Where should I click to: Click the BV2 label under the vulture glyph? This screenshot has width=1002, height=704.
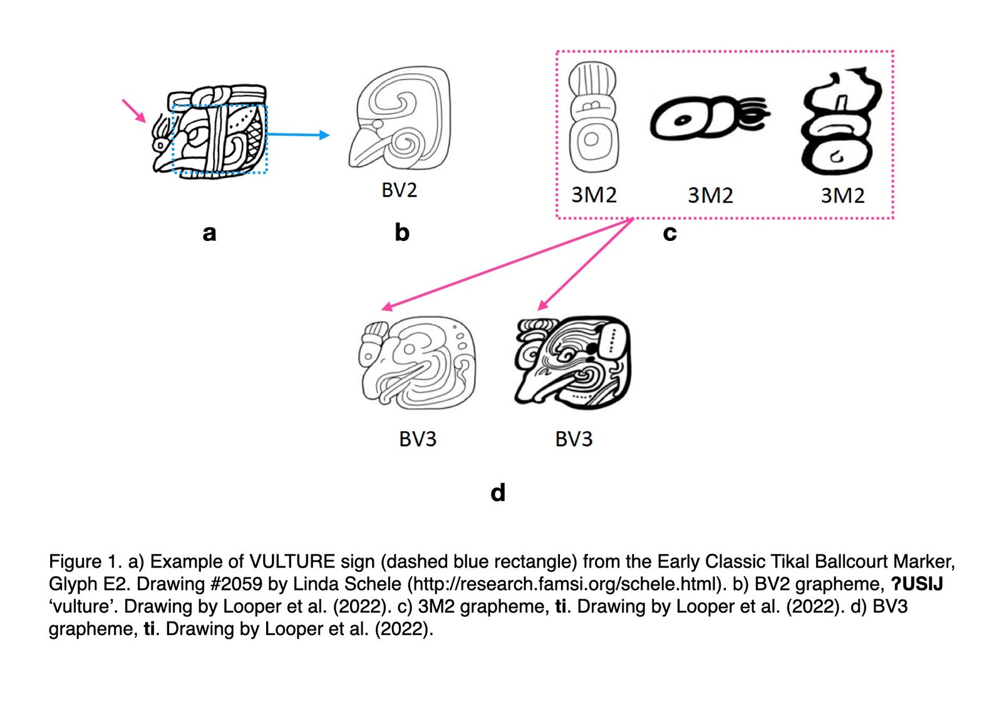(x=399, y=190)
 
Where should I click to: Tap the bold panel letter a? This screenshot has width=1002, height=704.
(x=209, y=233)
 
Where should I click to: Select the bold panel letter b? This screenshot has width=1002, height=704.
(x=402, y=233)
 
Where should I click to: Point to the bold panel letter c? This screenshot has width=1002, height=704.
(x=669, y=233)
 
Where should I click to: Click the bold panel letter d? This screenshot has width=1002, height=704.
(x=498, y=492)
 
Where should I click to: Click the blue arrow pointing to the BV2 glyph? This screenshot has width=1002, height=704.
(x=298, y=135)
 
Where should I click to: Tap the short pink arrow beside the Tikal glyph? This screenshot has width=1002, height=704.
(x=133, y=110)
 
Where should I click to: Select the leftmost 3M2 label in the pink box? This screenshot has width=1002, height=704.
(x=594, y=195)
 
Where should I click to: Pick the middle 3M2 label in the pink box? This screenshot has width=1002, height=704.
(x=710, y=195)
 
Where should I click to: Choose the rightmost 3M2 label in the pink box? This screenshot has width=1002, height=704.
(x=842, y=195)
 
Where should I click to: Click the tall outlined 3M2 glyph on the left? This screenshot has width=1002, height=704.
(x=592, y=116)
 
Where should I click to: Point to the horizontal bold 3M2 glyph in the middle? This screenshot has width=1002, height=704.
(x=708, y=117)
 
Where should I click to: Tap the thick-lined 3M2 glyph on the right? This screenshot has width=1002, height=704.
(x=839, y=122)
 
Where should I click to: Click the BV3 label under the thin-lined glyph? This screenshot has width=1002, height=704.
(x=418, y=439)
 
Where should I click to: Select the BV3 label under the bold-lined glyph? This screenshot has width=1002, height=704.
(x=574, y=439)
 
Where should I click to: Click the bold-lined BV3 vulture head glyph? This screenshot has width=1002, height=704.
(x=573, y=362)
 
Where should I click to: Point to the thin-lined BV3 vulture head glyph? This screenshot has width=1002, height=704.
(x=418, y=363)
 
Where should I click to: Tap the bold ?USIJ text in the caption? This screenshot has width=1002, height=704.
(x=917, y=584)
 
